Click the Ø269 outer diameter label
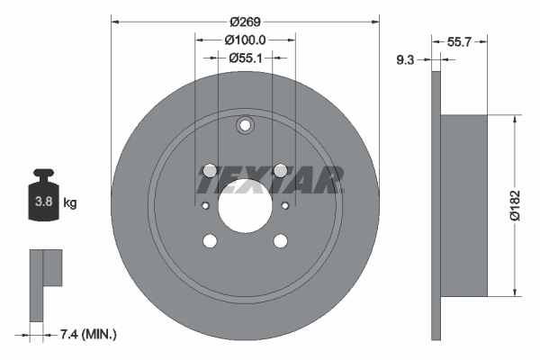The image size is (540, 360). pos(245,21)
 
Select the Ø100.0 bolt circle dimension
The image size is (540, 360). pos(245,40)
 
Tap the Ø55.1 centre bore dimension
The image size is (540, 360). pos(245,58)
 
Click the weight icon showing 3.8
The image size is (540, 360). pos(43,200)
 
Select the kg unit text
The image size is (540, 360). pos(70,203)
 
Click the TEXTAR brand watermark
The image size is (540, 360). pos(269,180)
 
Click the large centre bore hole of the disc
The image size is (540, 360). pos(245,205)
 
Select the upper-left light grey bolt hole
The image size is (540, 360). pos(210,170)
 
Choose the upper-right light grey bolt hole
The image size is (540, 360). pos(280,170)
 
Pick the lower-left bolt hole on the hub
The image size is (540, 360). pos(210,240)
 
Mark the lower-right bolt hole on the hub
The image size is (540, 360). pos(280,240)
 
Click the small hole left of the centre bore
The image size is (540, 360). pos(205,205)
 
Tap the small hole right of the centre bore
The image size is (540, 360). pos(284,205)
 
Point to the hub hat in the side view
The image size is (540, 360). pos(464,205)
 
